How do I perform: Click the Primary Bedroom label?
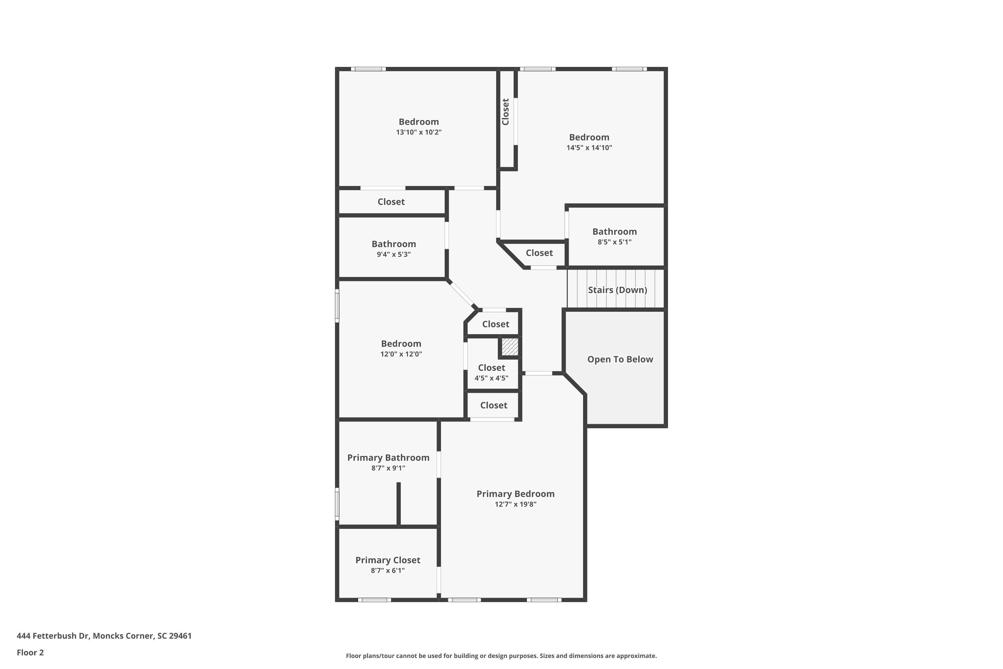(x=515, y=494)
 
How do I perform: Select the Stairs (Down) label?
(x=617, y=290)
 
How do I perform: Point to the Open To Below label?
(x=620, y=359)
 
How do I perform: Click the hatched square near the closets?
(x=510, y=347)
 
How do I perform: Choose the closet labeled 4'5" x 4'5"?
(x=491, y=368)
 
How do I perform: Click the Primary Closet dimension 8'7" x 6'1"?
(x=387, y=570)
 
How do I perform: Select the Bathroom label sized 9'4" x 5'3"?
(x=393, y=244)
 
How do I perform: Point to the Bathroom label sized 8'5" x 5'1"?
(x=614, y=232)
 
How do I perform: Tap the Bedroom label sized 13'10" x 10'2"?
(x=418, y=122)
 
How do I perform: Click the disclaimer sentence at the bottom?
(x=501, y=656)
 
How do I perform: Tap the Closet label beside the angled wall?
(x=539, y=253)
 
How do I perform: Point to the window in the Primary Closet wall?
(x=374, y=600)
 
